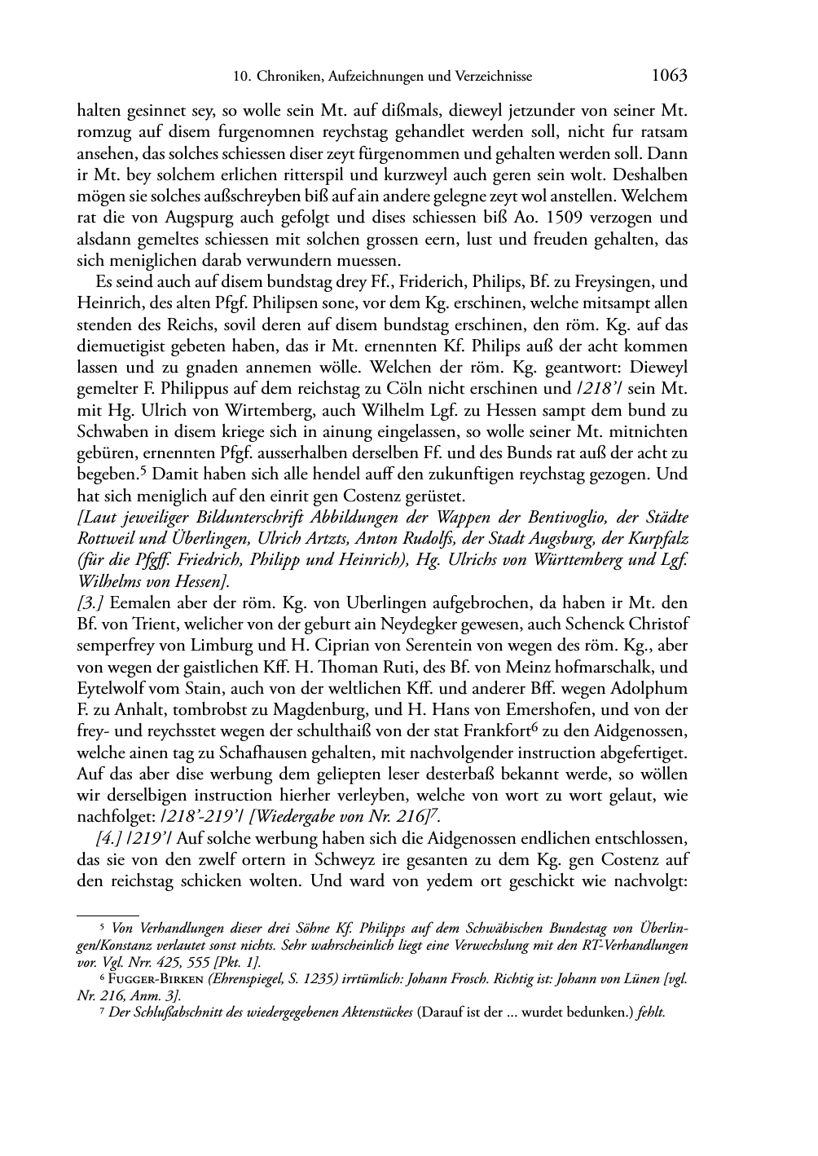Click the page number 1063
tap(669, 76)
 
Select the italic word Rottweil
tap(105, 539)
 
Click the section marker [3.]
tap(90, 603)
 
